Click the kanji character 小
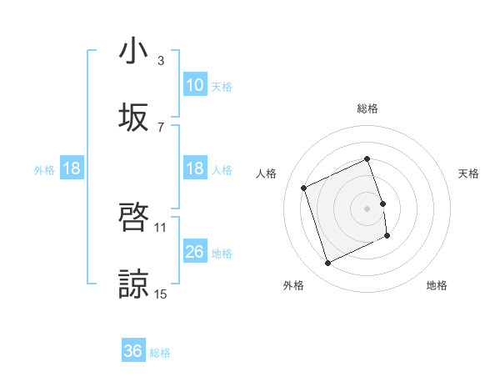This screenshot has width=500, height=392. point(133,52)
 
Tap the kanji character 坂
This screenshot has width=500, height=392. point(133,118)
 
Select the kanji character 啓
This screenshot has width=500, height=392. point(133,218)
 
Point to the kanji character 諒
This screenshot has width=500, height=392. point(133,284)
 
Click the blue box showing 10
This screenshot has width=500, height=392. point(195,85)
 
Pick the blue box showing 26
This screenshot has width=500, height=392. point(195,252)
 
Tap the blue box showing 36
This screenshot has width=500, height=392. point(133,351)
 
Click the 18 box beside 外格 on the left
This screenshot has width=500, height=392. point(72,168)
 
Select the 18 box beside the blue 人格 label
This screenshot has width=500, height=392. point(195,168)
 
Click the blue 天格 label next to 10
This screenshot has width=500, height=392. point(221,86)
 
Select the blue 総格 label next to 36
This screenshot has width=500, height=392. point(160,352)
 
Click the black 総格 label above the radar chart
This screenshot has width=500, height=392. point(367,108)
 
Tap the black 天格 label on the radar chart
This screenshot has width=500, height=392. point(468,173)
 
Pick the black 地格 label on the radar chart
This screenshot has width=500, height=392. point(437,285)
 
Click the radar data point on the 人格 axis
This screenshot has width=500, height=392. point(304,188)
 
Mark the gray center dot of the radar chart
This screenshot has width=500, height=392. point(367,208)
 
